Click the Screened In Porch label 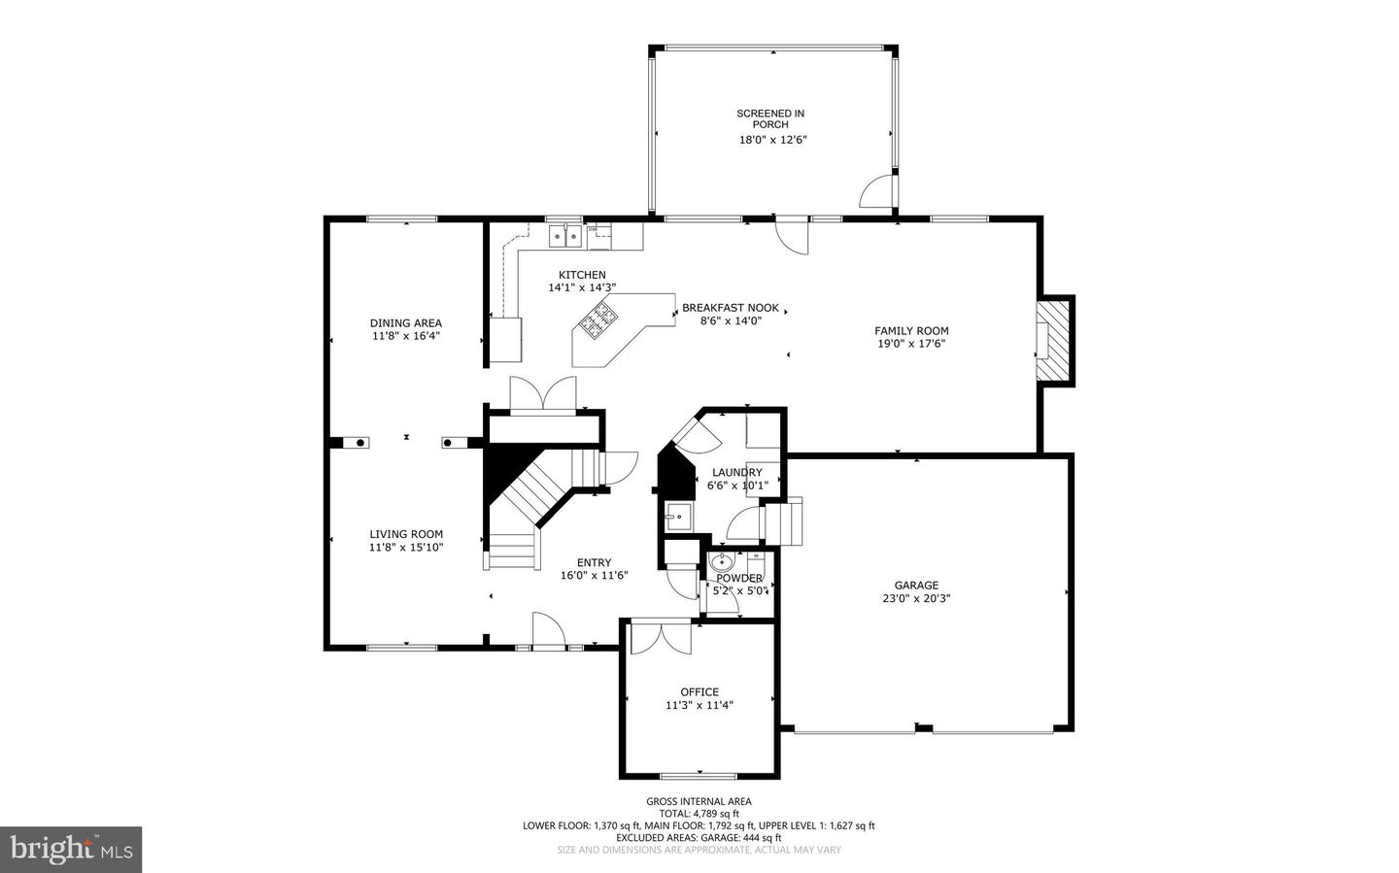tap(770, 118)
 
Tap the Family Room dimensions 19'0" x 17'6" tap(911, 343)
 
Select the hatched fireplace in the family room tap(1053, 341)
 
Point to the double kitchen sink tap(564, 234)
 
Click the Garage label tap(916, 585)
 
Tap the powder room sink tap(722, 562)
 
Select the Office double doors tap(661, 637)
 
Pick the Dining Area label tap(405, 323)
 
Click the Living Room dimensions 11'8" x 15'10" tap(406, 547)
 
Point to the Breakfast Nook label tap(730, 308)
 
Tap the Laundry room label tap(736, 473)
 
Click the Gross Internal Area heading tap(699, 801)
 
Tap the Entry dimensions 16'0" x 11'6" tap(594, 575)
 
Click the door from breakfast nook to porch tap(791, 236)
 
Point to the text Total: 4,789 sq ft tap(699, 814)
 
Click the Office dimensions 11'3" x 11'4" tap(699, 705)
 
